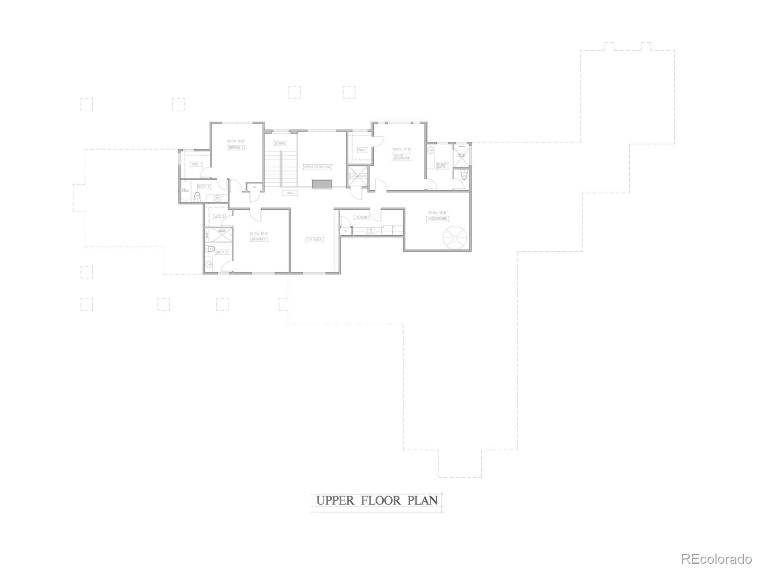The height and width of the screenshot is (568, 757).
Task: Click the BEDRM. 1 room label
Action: (x=236, y=148)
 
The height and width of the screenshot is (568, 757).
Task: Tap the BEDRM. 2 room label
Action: (x=259, y=239)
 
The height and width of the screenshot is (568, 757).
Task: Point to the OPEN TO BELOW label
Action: (x=317, y=167)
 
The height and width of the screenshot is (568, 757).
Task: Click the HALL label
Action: (x=290, y=193)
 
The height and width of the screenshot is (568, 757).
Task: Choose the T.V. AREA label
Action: (x=314, y=240)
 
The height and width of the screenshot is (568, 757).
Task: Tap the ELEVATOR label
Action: (x=358, y=176)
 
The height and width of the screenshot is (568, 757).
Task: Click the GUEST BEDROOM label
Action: (x=401, y=156)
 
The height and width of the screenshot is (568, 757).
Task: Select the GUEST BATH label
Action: (x=441, y=166)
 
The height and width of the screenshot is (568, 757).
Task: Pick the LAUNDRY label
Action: (x=361, y=218)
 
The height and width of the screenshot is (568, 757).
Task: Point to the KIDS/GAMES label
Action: (x=438, y=218)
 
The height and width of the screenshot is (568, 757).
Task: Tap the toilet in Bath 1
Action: (x=197, y=195)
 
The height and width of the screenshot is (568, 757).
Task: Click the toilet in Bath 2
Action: (x=211, y=249)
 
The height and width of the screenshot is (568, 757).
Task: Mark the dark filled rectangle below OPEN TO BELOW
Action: (x=322, y=184)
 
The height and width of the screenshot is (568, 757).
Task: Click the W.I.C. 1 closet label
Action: (x=197, y=164)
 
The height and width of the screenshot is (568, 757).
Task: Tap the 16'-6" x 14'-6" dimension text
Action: (x=438, y=213)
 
